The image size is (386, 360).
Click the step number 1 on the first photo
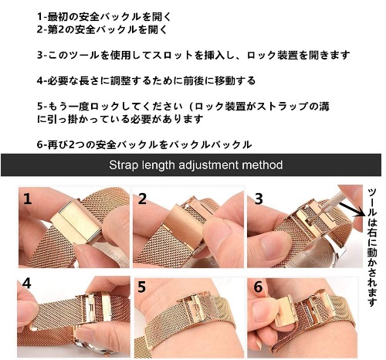pyautogui.click(x=28, y=199)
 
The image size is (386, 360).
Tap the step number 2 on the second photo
pyautogui.click(x=142, y=199)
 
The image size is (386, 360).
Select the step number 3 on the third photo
pyautogui.click(x=259, y=199)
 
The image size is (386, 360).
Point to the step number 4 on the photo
pyautogui.click(x=27, y=284)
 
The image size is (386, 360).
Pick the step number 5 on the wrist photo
pyautogui.click(x=142, y=287)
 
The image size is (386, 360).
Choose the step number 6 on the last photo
pyautogui.click(x=258, y=287)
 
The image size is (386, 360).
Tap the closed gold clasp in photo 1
pyautogui.click(x=76, y=222)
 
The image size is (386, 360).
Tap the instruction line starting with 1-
pyautogui.click(x=104, y=17)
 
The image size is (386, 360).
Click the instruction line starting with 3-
pyautogui.click(x=194, y=55)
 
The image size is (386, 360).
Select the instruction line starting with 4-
pyautogui.click(x=146, y=80)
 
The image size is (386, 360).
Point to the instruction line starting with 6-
pyautogui.click(x=144, y=144)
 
